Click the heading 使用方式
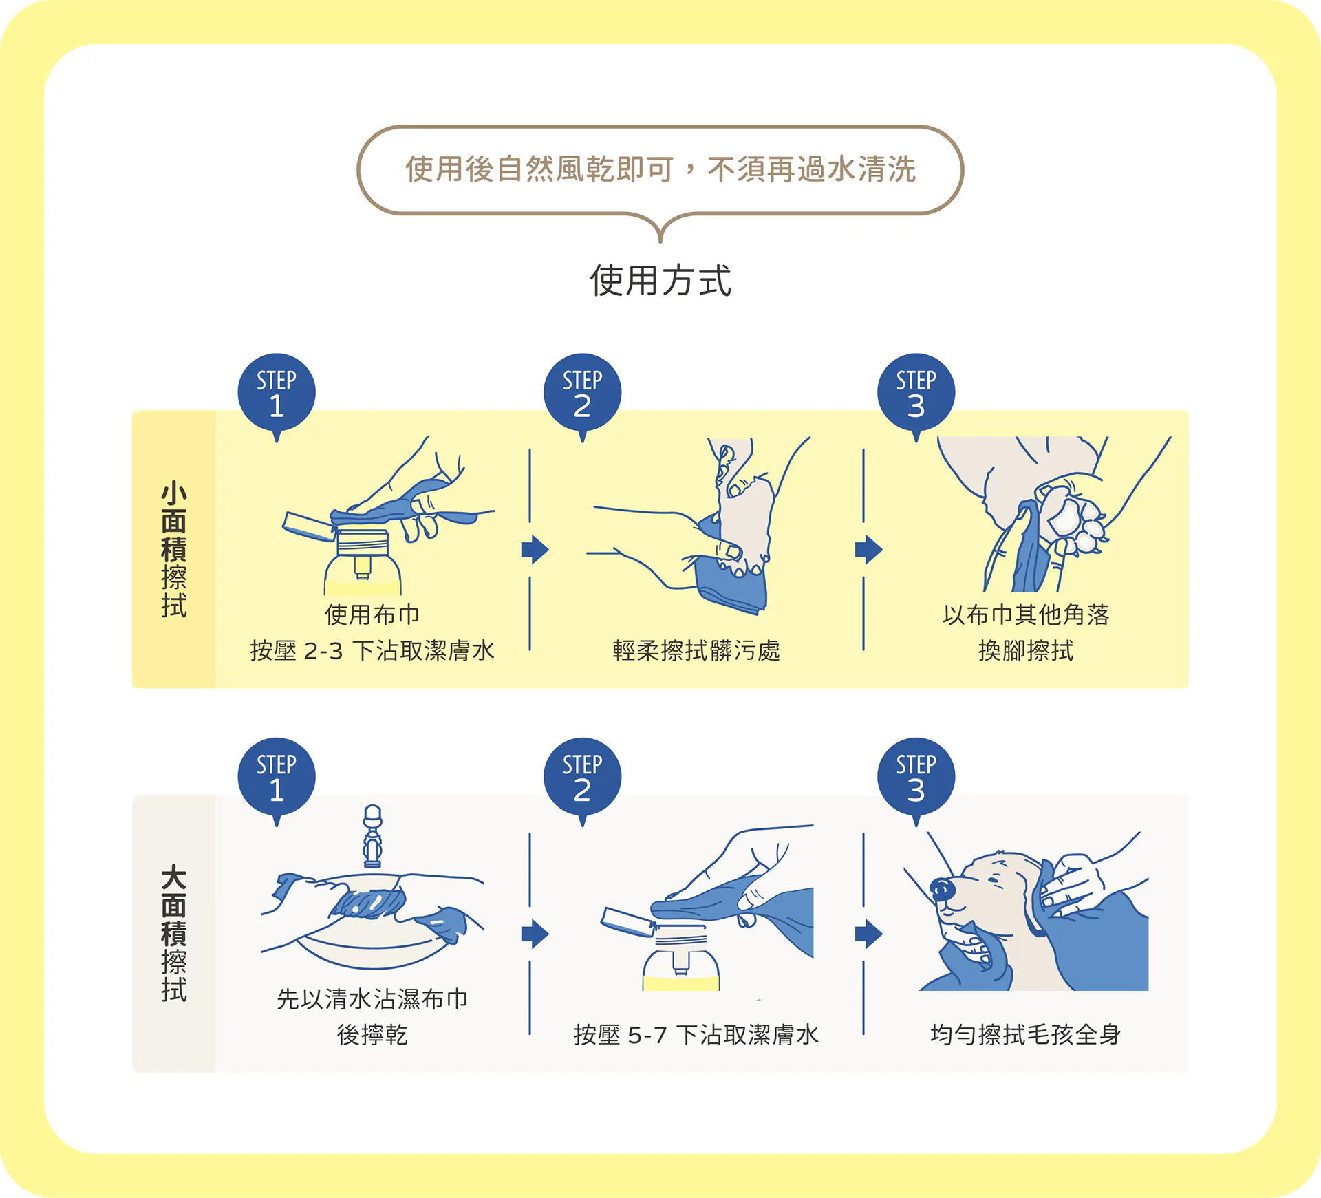pos(660,281)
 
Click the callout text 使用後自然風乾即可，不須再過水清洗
pos(660,169)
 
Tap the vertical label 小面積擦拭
pos(174,550)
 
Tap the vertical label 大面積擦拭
pos(174,934)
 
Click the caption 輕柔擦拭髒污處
pos(696,650)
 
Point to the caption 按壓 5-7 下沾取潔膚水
pos(696,1035)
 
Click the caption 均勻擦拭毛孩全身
pos(1026,1035)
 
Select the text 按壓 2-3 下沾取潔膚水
pos(372,650)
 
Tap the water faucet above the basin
pos(372,836)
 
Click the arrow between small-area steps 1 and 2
pos(535,549)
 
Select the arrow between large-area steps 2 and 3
pos(868,934)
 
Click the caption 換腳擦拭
pos(1026,650)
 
